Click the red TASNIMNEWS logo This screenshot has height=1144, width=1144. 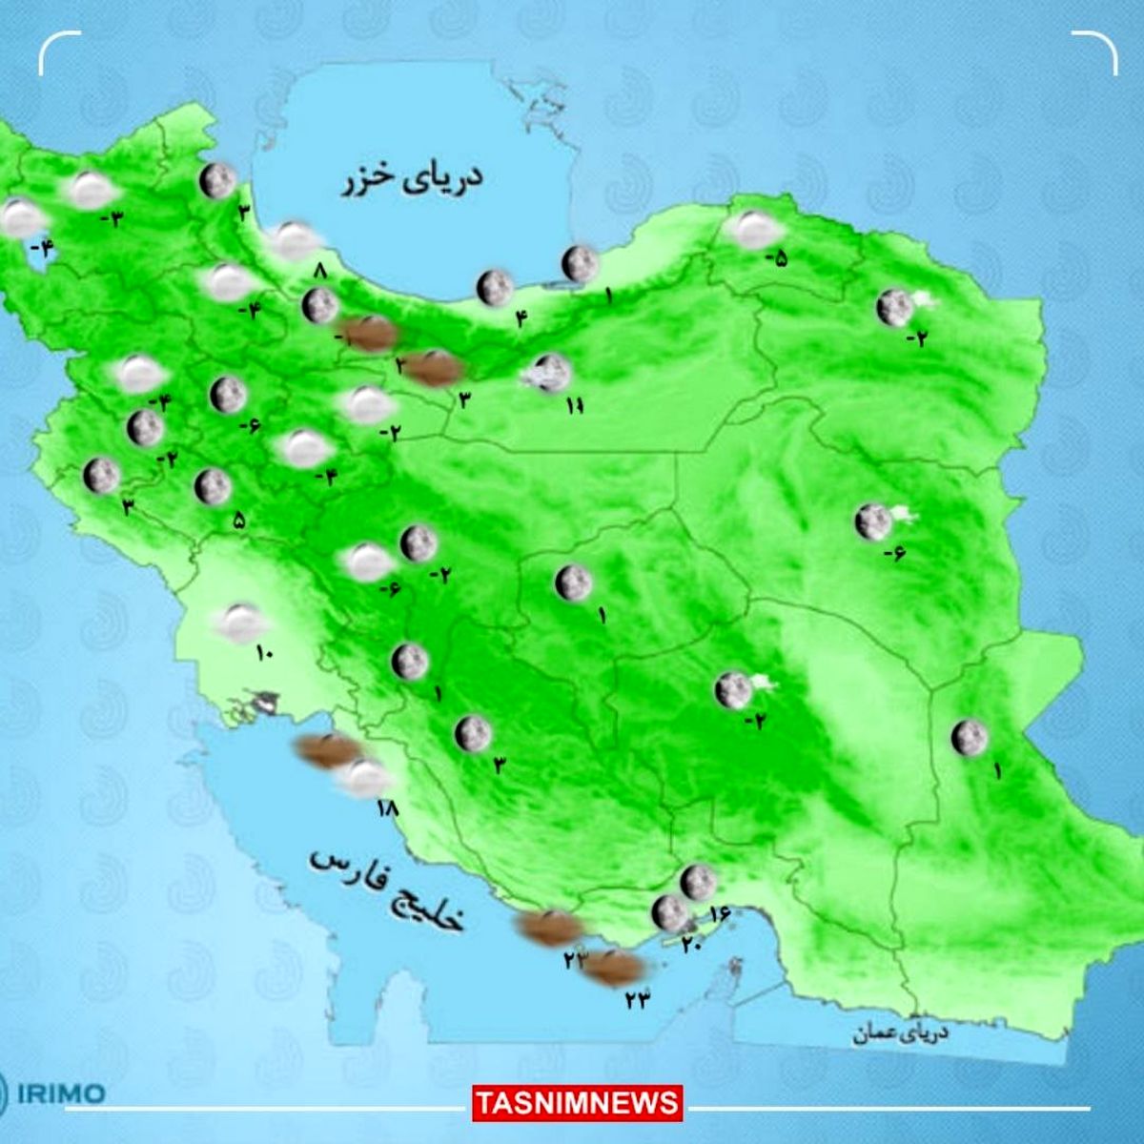[x=578, y=1104]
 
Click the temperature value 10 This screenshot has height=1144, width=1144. [x=264, y=653]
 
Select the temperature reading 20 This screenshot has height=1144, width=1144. [x=690, y=944]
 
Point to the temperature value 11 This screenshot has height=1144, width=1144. [x=573, y=407]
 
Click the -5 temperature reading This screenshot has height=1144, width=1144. [x=781, y=256]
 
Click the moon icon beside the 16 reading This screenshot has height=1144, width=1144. [x=698, y=882]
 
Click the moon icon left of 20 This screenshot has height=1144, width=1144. [x=668, y=913]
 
